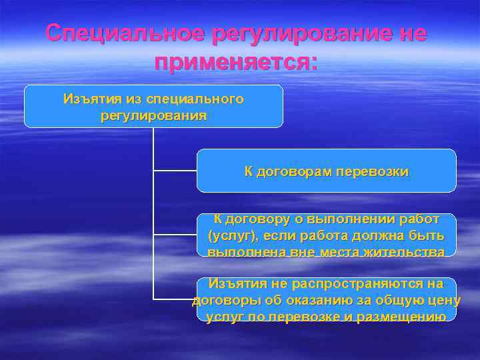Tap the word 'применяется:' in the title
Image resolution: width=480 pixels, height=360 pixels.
(x=236, y=63)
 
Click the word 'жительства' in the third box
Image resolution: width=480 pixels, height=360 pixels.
(x=409, y=252)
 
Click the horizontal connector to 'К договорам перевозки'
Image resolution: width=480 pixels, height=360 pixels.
(x=175, y=171)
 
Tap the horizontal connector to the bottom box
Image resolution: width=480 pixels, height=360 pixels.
(x=175, y=299)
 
